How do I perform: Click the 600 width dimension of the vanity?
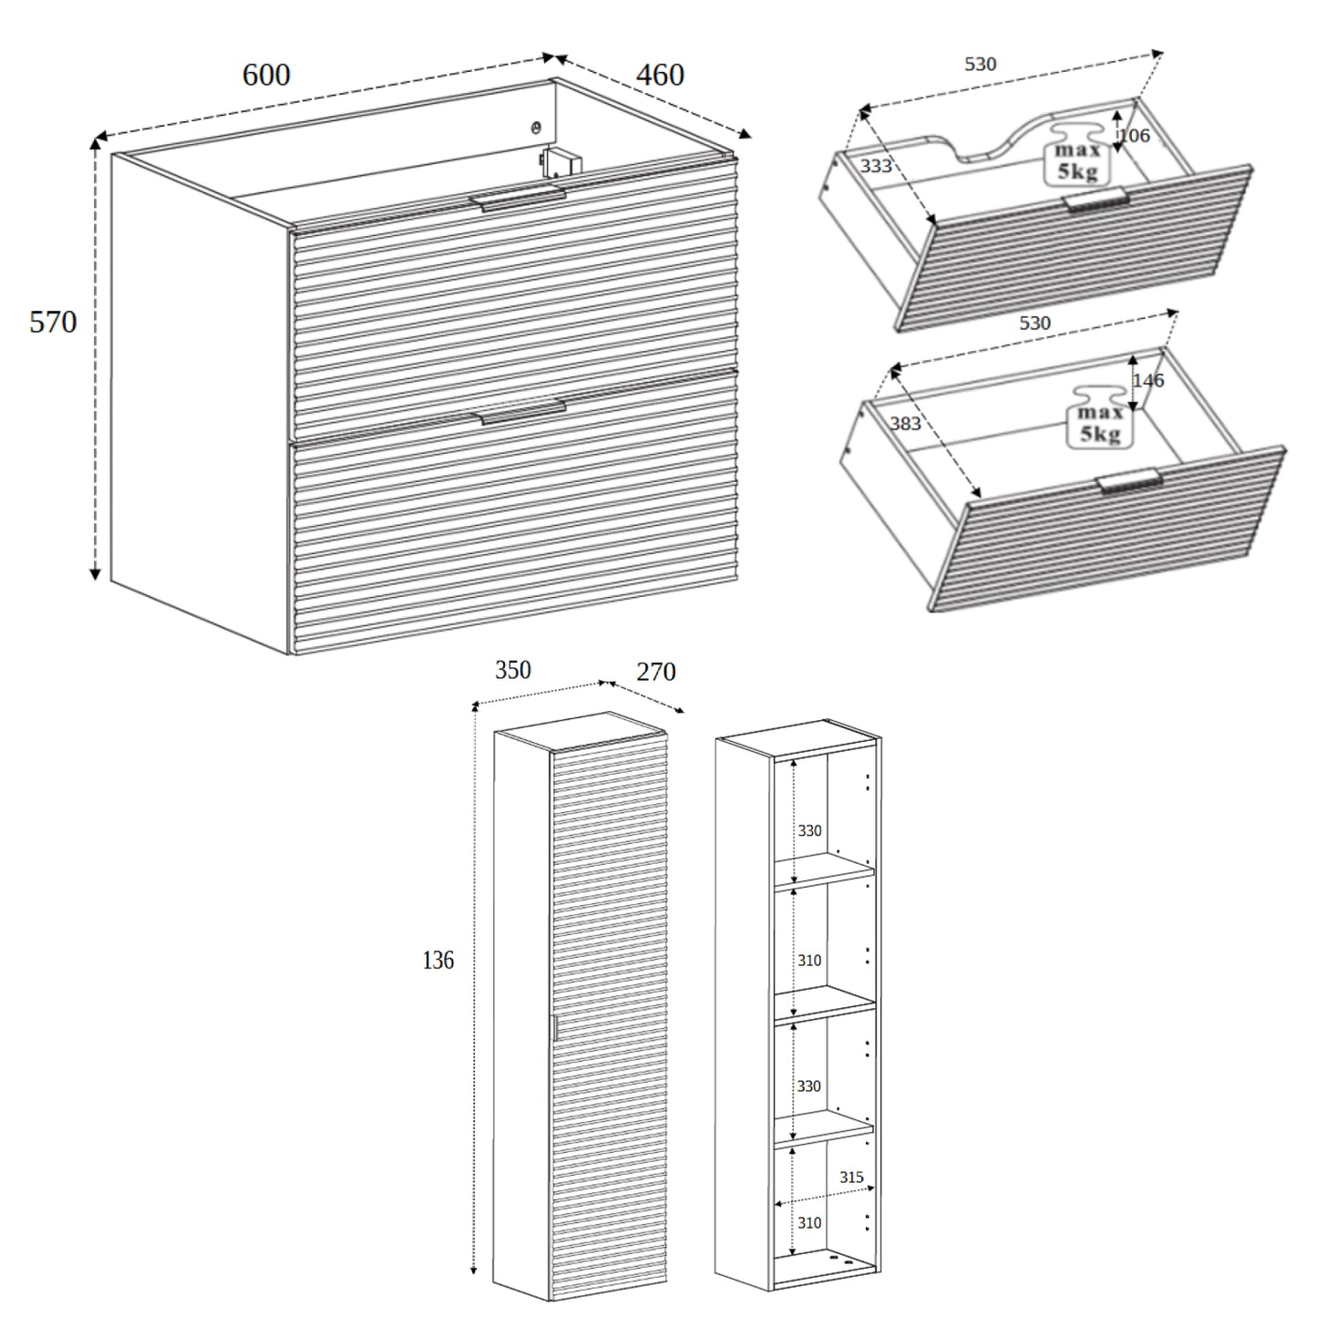click(266, 75)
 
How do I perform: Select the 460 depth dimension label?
click(659, 75)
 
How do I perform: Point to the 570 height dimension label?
click(53, 322)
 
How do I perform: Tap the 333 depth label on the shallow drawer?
click(876, 166)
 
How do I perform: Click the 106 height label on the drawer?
click(1133, 136)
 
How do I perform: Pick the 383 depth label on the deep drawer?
click(905, 423)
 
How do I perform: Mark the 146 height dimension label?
click(1147, 380)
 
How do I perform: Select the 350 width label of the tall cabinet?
click(512, 670)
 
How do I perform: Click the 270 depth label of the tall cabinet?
click(655, 672)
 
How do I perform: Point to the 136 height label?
click(437, 960)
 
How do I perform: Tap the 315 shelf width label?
click(851, 1178)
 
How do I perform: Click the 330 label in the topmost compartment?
click(809, 830)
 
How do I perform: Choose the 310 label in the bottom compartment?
click(809, 1223)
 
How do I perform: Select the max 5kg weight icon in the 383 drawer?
click(1099, 420)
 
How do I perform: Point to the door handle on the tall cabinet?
click(553, 1027)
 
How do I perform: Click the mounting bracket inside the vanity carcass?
click(559, 161)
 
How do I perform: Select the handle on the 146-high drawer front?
click(1128, 482)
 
